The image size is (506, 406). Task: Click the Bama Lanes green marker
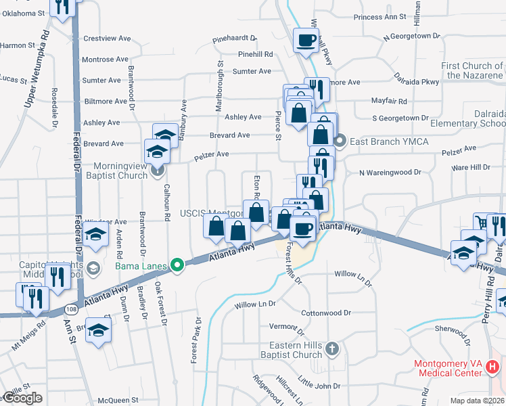(177, 265)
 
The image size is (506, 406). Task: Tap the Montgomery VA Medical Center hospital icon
(492, 367)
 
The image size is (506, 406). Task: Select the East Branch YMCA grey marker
(340, 141)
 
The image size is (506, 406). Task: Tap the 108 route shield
(72, 309)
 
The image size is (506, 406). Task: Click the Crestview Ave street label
(106, 39)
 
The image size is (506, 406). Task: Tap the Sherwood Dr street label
(455, 328)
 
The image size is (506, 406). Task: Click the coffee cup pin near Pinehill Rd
(306, 41)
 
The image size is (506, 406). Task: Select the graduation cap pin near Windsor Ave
(97, 236)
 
